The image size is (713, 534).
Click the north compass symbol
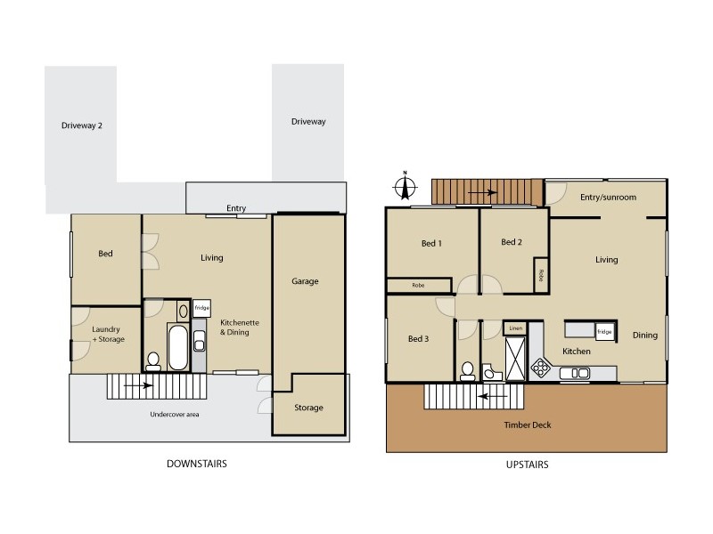tap(406, 188)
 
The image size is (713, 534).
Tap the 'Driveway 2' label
tap(82, 125)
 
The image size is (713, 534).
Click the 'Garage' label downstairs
tap(305, 281)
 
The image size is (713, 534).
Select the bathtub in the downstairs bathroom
tap(176, 347)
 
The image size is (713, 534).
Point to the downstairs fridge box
tap(201, 310)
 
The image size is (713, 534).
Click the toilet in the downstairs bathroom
tap(153, 360)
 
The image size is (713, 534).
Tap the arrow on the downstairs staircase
tap(137, 386)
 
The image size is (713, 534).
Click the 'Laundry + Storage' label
tap(108, 334)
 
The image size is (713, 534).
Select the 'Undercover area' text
tap(172, 415)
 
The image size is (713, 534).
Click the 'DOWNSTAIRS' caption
tap(198, 464)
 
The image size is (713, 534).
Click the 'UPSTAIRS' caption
tap(526, 464)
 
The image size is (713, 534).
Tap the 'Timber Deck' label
tap(529, 425)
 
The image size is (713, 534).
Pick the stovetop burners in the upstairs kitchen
tap(540, 367)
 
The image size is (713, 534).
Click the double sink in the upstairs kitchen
tap(576, 373)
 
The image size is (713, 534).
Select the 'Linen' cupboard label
tap(515, 328)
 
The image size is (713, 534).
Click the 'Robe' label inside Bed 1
tap(418, 286)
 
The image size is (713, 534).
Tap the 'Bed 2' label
tap(511, 242)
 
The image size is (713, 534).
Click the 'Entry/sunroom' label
tap(608, 197)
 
